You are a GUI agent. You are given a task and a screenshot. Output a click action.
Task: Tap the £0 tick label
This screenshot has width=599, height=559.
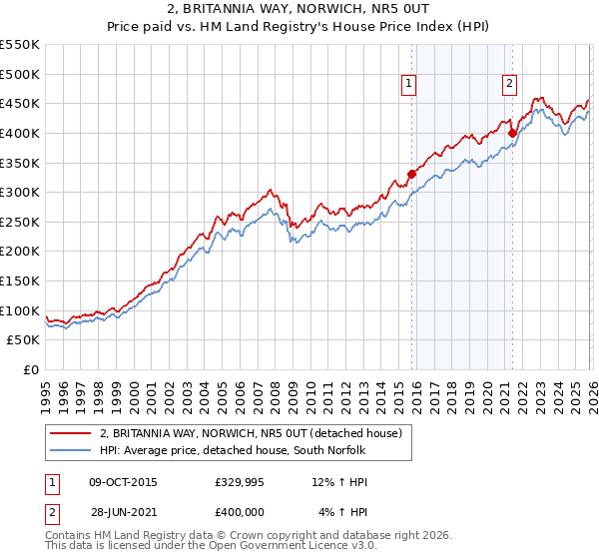tap(30, 369)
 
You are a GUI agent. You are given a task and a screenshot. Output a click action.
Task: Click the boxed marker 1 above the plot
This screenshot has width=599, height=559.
tap(410, 85)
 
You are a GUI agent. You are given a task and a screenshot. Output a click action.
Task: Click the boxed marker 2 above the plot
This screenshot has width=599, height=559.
tap(509, 85)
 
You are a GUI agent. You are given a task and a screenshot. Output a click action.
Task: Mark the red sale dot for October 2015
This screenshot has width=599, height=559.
tap(411, 174)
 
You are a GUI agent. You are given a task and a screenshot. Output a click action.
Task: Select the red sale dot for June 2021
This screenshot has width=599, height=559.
tap(512, 132)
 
